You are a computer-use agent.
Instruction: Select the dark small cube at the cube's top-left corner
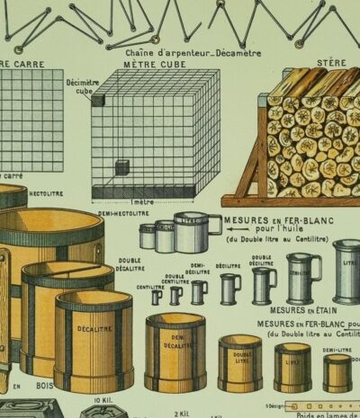point(97,100)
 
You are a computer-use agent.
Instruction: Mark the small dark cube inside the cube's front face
point(121,167)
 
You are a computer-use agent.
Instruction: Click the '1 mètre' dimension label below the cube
point(143,203)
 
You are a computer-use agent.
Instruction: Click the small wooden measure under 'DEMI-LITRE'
point(337,372)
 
